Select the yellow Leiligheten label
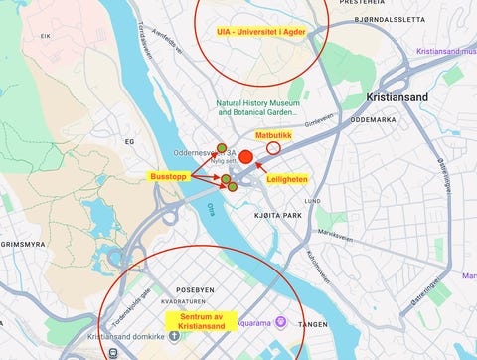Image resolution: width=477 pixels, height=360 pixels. tap(287, 178)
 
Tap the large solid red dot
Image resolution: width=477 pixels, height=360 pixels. tap(246, 157)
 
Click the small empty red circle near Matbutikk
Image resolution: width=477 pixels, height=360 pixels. tap(273, 147)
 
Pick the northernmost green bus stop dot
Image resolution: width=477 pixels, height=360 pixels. tap(222, 148)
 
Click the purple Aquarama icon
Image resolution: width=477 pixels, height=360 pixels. tap(280, 322)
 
